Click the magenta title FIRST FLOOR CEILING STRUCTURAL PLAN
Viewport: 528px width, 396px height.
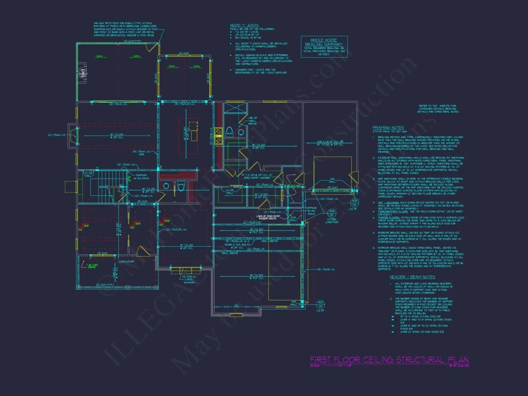point(389,360)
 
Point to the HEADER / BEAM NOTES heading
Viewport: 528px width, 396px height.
point(412,277)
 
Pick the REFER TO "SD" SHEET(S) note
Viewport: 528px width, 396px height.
point(439,108)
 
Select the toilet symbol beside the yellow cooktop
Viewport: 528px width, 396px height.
point(229,131)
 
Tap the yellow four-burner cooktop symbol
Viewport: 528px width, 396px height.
point(218,136)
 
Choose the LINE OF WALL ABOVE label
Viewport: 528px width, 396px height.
point(252,120)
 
